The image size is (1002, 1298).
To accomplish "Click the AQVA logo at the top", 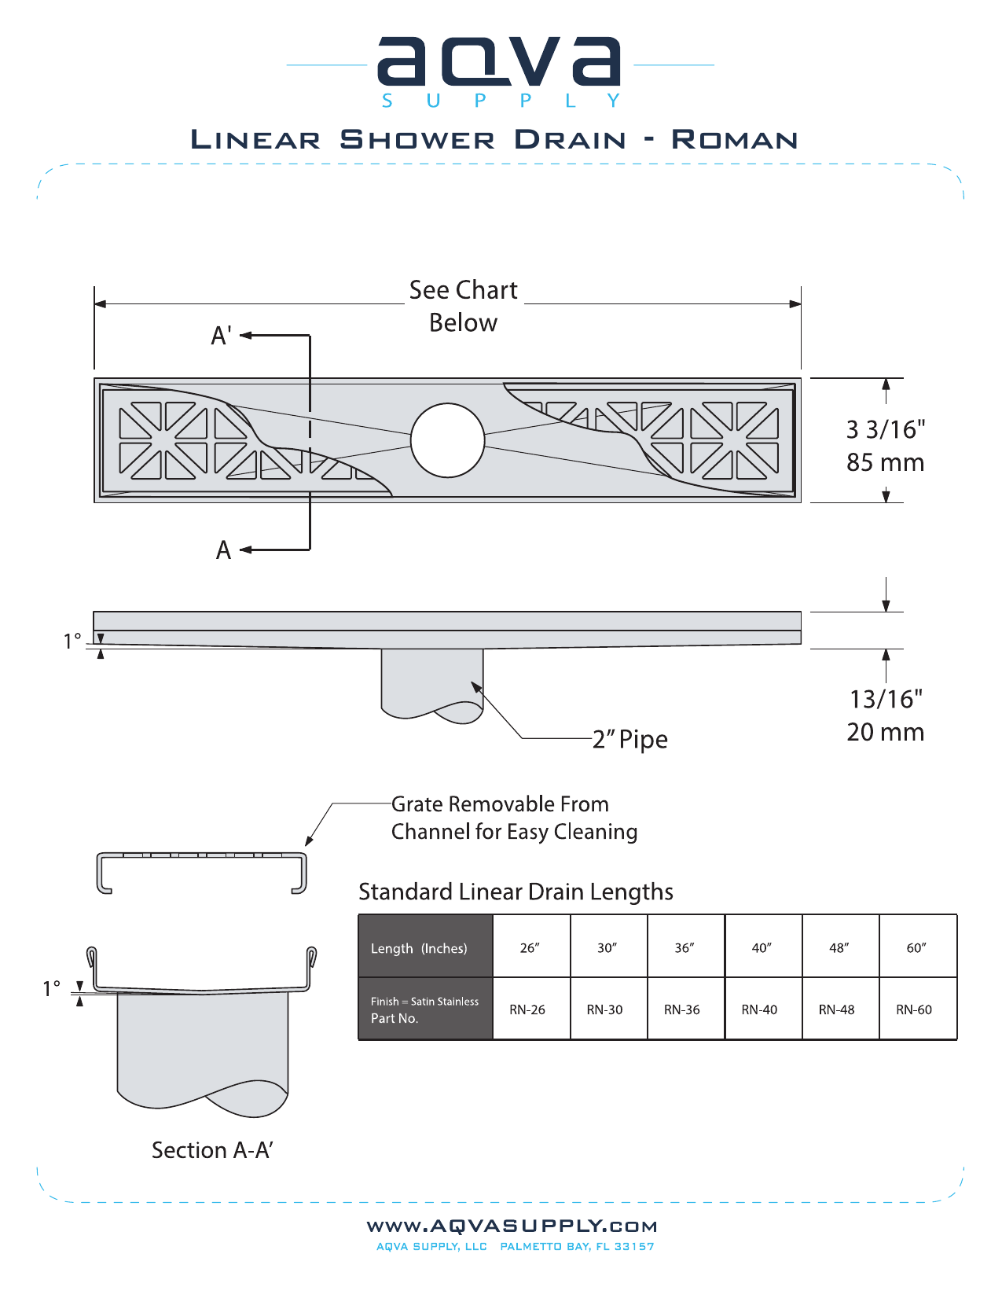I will click(500, 63).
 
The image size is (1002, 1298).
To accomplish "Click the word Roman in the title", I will click(734, 140).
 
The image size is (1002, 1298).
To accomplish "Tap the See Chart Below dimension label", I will click(464, 306).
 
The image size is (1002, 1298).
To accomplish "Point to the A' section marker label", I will click(221, 336).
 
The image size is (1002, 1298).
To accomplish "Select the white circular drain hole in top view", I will click(447, 440).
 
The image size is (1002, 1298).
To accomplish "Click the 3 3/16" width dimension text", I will click(886, 429).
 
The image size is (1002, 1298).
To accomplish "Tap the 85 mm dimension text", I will click(885, 462).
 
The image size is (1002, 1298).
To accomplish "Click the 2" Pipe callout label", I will click(630, 739).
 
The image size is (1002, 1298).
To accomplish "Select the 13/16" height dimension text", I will click(886, 699).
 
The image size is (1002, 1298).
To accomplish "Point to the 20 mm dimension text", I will click(885, 732).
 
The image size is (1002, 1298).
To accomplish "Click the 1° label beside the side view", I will click(72, 642).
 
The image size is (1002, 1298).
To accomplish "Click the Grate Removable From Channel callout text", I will click(514, 818).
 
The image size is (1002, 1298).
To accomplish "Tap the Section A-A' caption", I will click(212, 1150).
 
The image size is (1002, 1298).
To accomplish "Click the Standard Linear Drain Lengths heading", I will click(516, 892).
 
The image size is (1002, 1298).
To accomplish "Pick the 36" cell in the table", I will click(685, 947).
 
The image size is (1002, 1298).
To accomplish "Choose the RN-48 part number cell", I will click(837, 1009).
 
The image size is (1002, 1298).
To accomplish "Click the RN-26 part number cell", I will click(527, 1009).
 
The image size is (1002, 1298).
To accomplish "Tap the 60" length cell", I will click(917, 947).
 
